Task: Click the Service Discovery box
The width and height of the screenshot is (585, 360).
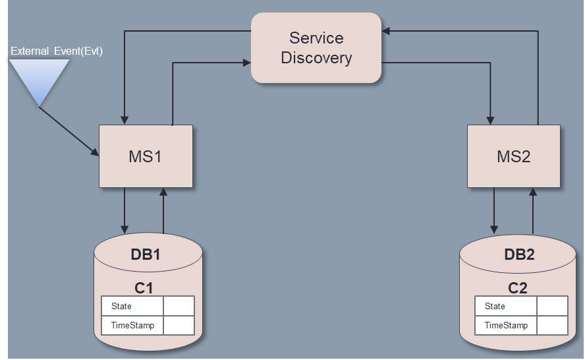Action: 316,48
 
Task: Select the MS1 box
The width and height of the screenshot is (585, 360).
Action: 146,156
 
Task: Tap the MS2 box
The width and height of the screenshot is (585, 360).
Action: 514,156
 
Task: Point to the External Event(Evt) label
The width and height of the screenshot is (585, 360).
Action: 57,51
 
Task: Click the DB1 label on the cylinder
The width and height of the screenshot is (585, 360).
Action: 146,255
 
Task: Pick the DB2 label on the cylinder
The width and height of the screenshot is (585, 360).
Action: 519,255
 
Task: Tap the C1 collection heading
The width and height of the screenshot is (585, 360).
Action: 144,288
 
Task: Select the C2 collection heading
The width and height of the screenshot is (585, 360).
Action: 518,288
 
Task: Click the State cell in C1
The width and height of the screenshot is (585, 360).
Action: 132,306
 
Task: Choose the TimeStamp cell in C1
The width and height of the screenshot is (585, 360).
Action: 132,325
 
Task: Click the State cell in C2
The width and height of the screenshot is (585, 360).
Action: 505,306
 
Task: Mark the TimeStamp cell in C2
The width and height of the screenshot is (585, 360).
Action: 505,325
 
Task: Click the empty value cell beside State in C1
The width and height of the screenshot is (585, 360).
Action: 179,306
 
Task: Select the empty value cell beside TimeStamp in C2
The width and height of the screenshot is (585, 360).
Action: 552,325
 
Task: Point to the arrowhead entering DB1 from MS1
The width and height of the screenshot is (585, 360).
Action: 125,229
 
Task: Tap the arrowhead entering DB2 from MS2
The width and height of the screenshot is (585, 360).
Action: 494,229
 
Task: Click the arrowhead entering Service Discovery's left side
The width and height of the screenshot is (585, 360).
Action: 247,63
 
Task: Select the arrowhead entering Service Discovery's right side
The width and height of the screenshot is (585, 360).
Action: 386,30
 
